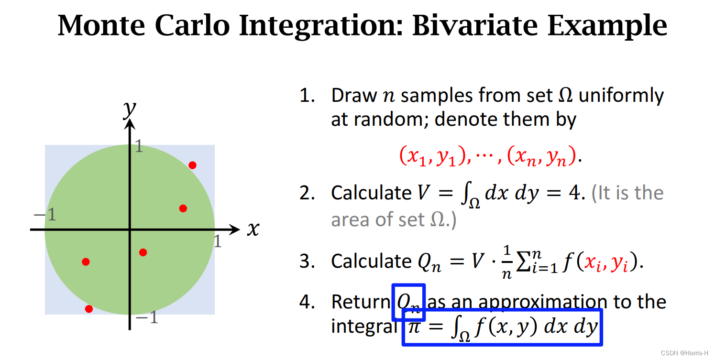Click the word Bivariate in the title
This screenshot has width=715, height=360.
tap(475, 25)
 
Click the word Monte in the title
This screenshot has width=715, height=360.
tap(101, 25)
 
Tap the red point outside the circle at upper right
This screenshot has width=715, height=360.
tap(192, 165)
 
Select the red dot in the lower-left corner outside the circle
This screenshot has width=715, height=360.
tap(89, 309)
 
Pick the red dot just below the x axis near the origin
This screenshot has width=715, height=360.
tap(143, 252)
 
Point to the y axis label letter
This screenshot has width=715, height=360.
tap(130, 109)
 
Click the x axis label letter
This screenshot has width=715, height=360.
tap(253, 229)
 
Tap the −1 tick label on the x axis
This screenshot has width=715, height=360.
tap(45, 214)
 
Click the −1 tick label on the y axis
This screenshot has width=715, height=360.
tap(147, 317)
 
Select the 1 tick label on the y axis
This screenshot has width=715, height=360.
tap(139, 146)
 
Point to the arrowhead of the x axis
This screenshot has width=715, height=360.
tap(235, 229)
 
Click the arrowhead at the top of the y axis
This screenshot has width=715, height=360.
tap(130, 124)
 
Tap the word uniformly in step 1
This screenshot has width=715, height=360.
tap(621, 96)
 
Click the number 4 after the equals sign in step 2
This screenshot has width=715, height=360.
tap(574, 193)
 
